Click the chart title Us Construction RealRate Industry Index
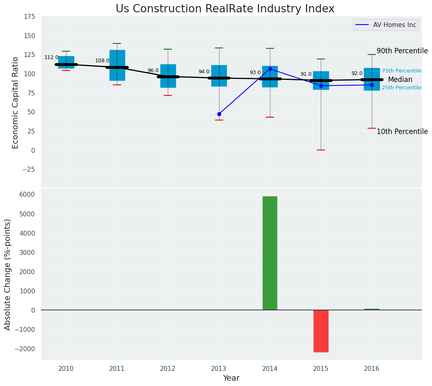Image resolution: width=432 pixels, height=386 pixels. tap(225, 9)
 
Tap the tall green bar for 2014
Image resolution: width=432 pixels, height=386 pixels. tap(270, 253)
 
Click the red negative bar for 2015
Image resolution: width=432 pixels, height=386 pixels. tap(321, 331)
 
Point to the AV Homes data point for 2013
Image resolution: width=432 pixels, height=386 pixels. tap(219, 114)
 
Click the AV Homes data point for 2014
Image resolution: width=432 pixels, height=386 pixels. tap(270, 69)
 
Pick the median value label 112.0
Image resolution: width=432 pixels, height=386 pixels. tap(51, 58)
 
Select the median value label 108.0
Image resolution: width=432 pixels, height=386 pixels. tap(102, 61)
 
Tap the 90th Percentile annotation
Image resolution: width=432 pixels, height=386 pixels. tap(402, 51)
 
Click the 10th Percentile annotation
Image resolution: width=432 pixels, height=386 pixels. tap(402, 132)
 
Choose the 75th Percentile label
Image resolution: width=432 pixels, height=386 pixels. tap(401, 71)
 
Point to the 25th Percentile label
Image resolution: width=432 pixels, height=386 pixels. tap(401, 88)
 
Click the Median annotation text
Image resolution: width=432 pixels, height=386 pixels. tap(400, 80)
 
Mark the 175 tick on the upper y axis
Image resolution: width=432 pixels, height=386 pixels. tap(30, 17)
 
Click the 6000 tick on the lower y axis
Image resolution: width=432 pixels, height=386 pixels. tap(27, 195)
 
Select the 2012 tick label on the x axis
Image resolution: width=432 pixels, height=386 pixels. tap(168, 369)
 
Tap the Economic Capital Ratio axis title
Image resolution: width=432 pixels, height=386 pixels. tap(16, 102)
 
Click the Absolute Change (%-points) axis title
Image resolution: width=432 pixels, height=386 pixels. tap(8, 274)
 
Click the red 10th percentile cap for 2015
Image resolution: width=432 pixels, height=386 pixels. tap(321, 150)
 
